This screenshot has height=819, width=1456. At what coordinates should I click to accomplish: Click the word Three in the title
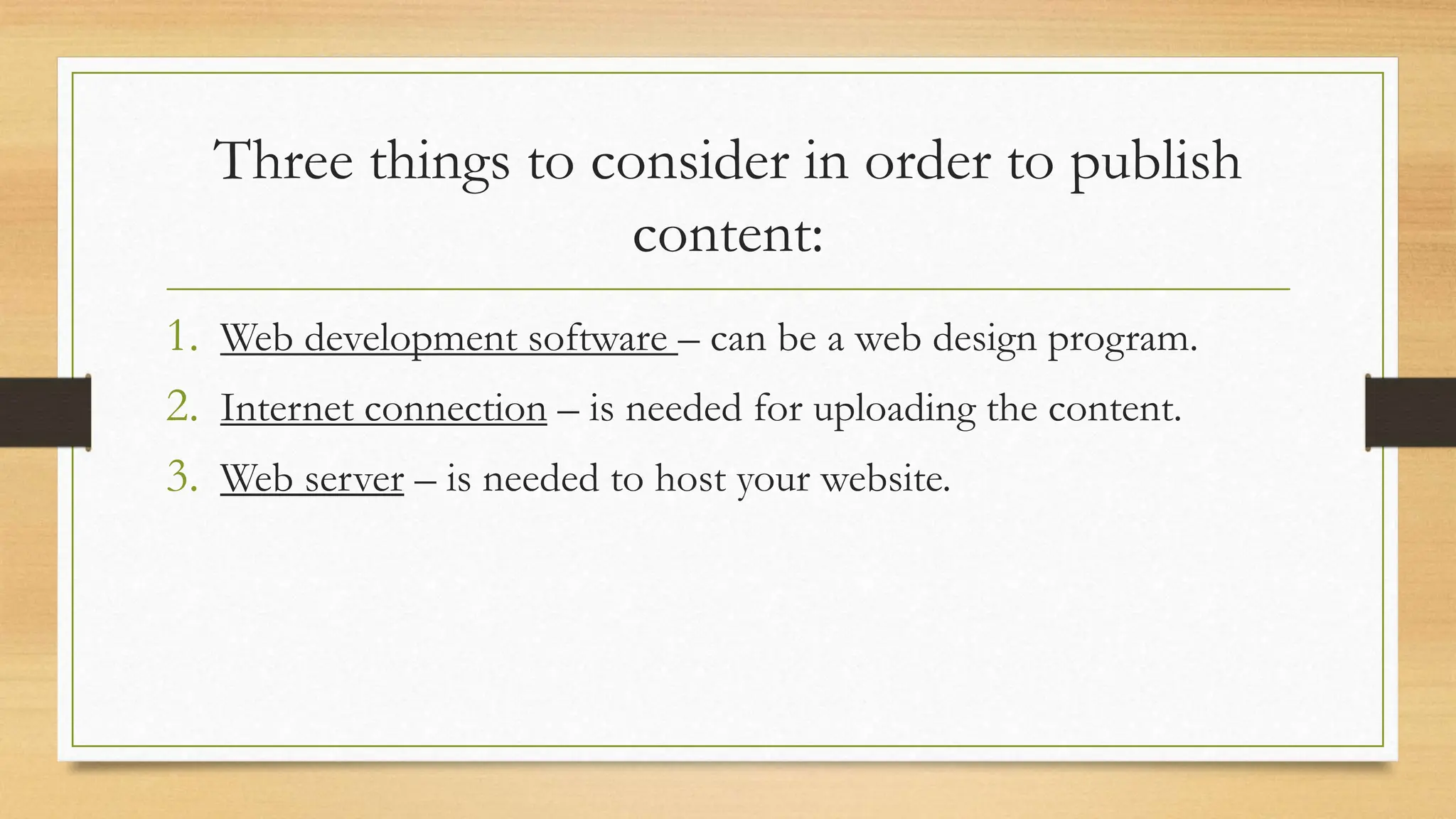pos(284,161)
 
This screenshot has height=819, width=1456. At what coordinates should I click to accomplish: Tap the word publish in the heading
pos(1156,162)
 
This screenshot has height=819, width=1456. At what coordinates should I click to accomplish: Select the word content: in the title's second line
pos(727,235)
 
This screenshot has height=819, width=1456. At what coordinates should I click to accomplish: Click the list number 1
pos(182,336)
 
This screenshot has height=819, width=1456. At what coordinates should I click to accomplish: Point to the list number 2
pos(182,407)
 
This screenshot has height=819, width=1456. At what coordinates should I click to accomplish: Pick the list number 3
pos(182,477)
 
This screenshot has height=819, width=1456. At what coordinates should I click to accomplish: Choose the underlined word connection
pos(455,409)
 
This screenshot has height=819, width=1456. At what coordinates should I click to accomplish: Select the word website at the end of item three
pos(885,478)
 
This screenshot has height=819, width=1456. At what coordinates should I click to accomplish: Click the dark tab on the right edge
pos(1410,412)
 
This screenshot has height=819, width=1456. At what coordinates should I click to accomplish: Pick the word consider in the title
pos(690,161)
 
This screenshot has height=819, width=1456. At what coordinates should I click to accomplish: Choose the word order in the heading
pos(927,161)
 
